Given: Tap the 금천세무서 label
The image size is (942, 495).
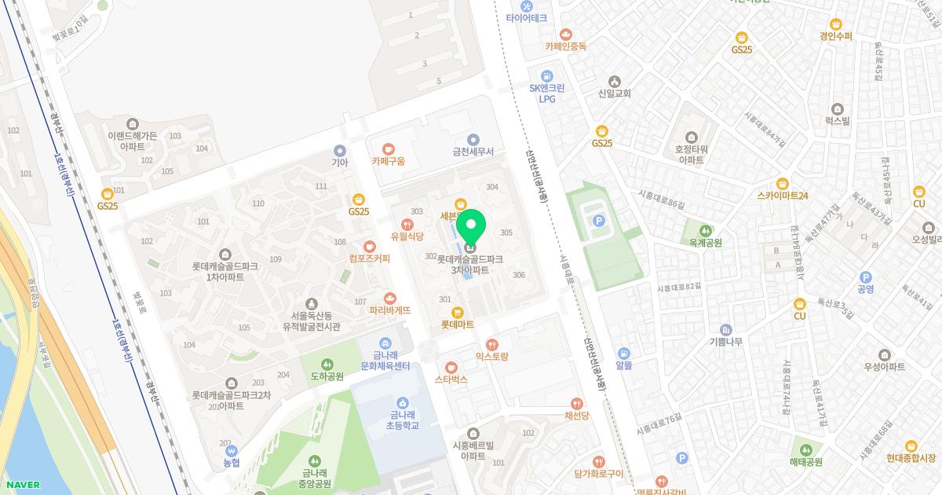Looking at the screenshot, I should pyautogui.click(x=472, y=152).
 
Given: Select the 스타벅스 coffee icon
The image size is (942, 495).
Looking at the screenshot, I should pyautogui.click(x=451, y=367).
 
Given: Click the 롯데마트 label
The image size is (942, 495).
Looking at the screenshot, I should pyautogui.click(x=457, y=324).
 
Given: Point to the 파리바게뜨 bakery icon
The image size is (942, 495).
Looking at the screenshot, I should pyautogui.click(x=390, y=298).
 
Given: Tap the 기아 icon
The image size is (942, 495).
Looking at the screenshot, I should pyautogui.click(x=339, y=150).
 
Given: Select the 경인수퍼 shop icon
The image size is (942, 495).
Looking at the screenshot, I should pyautogui.click(x=835, y=24).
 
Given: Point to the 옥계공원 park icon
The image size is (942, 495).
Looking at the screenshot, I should pyautogui.click(x=705, y=230).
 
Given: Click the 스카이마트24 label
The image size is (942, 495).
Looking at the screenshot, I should pyautogui.click(x=783, y=196).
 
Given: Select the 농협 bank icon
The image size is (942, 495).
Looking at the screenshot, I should pyautogui.click(x=231, y=451).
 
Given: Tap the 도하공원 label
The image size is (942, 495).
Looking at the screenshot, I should pyautogui.click(x=327, y=376).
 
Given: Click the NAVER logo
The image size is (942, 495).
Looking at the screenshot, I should pyautogui.click(x=20, y=485).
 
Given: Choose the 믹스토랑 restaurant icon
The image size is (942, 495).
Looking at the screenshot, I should pyautogui.click(x=492, y=344).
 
